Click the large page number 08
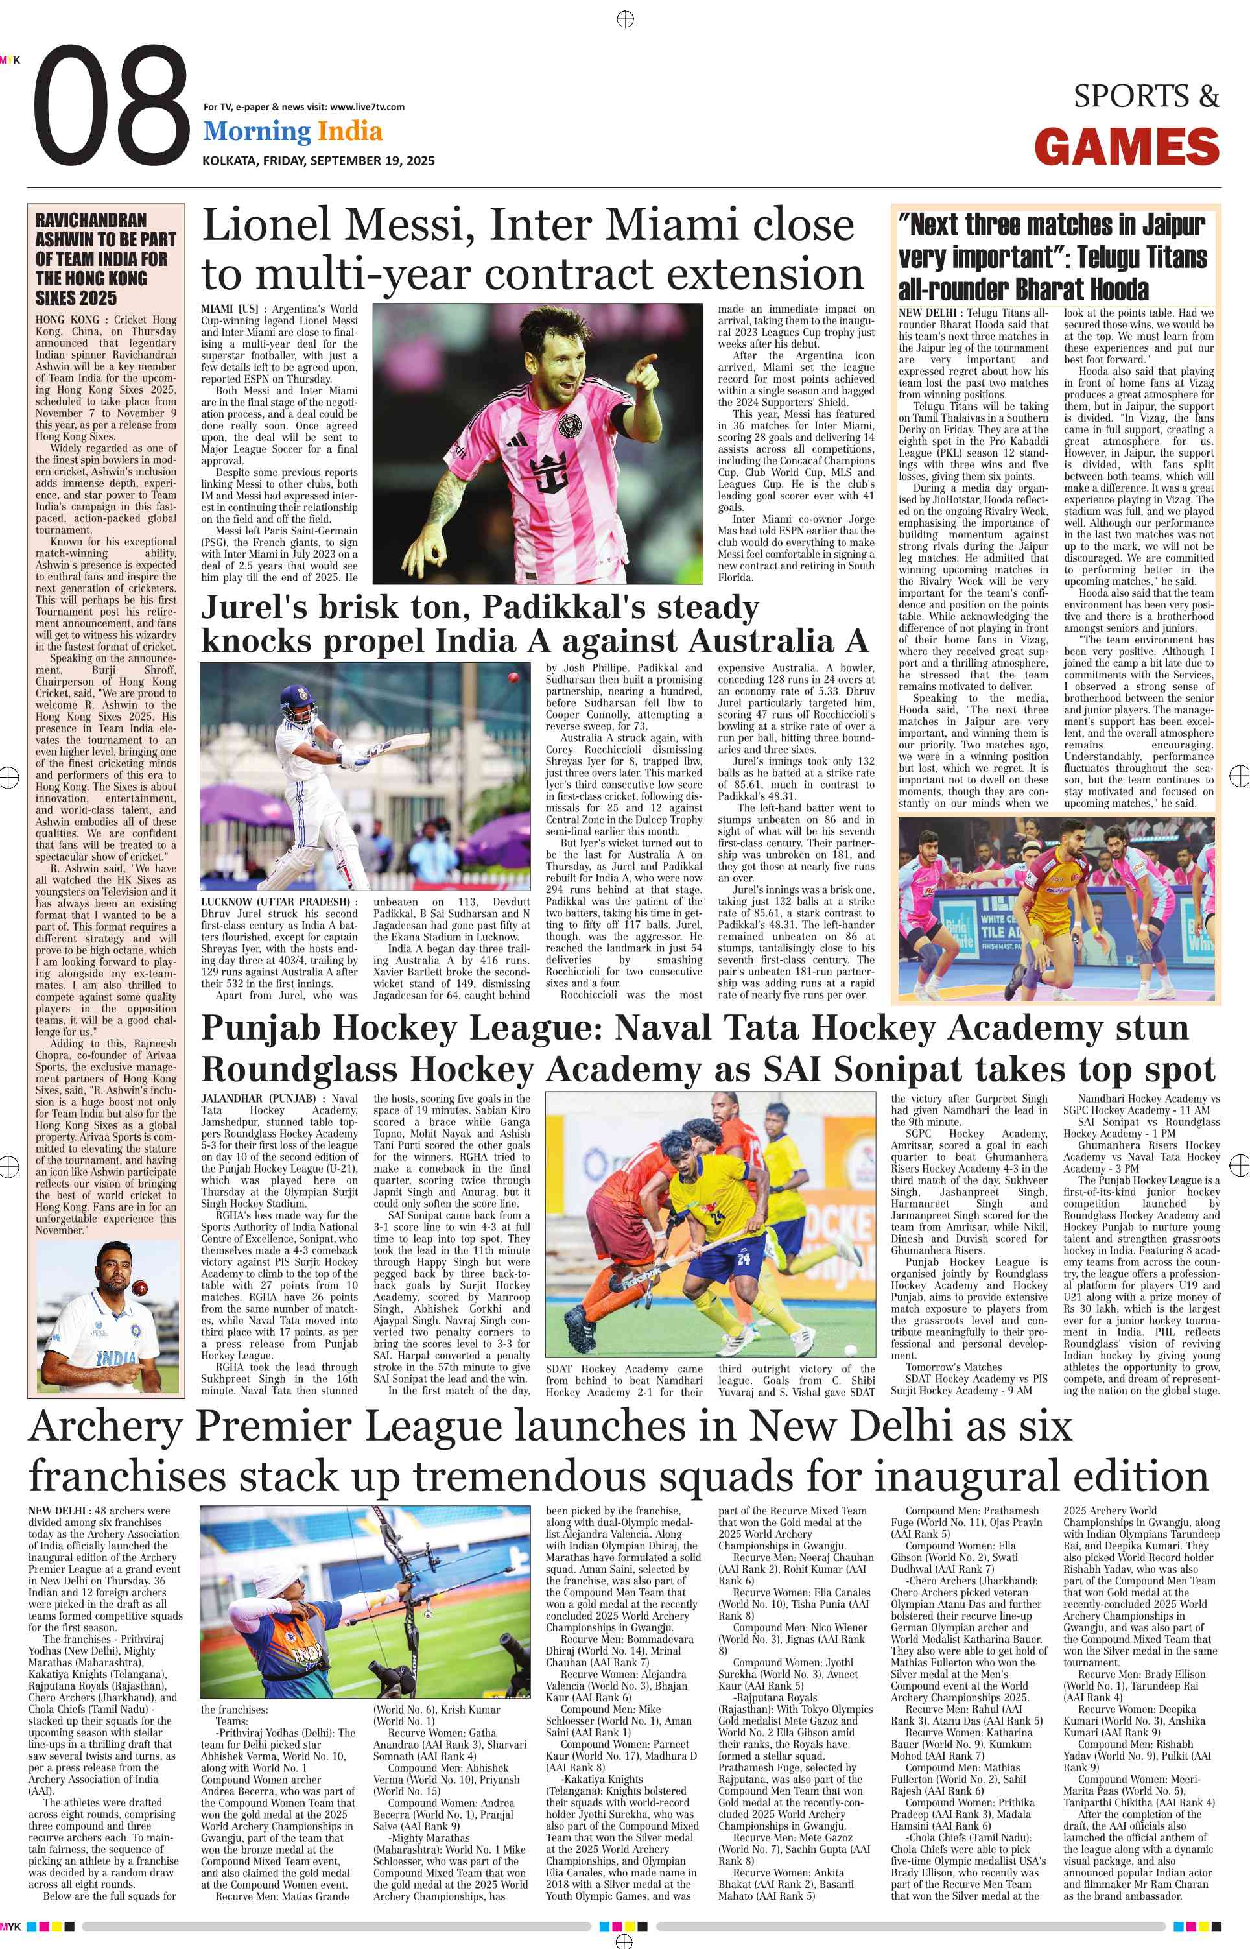[112, 106]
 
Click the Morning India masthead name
[292, 131]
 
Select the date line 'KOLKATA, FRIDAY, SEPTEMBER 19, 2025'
[318, 161]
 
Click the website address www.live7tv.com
[367, 106]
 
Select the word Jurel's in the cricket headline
[254, 606]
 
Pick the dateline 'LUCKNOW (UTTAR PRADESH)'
[276, 902]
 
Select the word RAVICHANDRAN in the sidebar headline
[91, 221]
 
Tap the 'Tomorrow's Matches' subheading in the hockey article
[954, 1367]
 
